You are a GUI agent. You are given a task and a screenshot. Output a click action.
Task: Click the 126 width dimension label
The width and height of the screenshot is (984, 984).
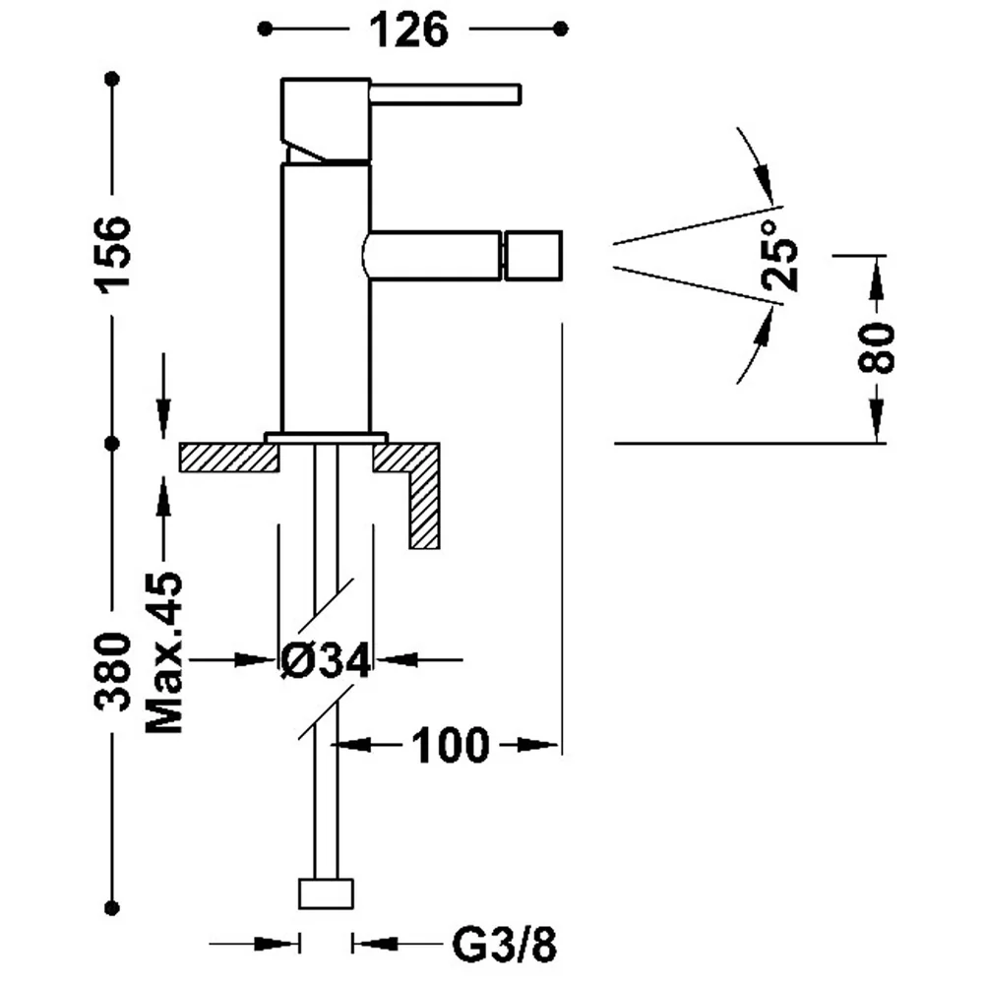click(x=409, y=31)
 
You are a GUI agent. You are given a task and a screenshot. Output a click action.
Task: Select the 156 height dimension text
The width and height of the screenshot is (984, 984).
click(x=113, y=252)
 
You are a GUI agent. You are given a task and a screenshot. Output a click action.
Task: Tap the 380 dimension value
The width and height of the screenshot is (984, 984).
click(x=113, y=672)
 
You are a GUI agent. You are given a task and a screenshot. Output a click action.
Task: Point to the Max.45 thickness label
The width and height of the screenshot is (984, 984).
click(x=163, y=652)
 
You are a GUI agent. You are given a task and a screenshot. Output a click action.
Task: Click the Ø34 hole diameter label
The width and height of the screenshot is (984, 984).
click(x=326, y=660)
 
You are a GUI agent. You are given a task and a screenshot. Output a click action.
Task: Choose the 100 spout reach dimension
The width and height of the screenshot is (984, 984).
click(x=450, y=746)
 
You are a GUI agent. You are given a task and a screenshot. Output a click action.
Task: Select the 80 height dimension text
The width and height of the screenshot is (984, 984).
click(x=877, y=347)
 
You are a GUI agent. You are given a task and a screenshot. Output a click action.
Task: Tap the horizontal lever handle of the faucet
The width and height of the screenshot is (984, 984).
click(x=446, y=93)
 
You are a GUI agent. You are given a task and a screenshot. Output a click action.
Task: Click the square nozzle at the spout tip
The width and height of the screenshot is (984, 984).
click(x=532, y=256)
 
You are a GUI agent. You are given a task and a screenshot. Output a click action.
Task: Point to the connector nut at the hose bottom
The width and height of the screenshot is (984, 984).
click(x=326, y=893)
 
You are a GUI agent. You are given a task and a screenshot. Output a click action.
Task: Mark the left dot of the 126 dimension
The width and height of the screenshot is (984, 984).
click(x=265, y=29)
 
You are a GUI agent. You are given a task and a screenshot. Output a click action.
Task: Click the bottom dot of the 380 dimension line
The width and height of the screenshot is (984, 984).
click(x=112, y=907)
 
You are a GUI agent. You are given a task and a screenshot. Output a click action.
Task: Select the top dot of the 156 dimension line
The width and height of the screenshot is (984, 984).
click(x=112, y=79)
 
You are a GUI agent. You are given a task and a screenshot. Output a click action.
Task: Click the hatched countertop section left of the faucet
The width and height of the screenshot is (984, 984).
click(x=229, y=458)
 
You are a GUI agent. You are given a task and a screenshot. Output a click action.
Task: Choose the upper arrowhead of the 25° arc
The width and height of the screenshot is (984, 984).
click(x=764, y=182)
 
